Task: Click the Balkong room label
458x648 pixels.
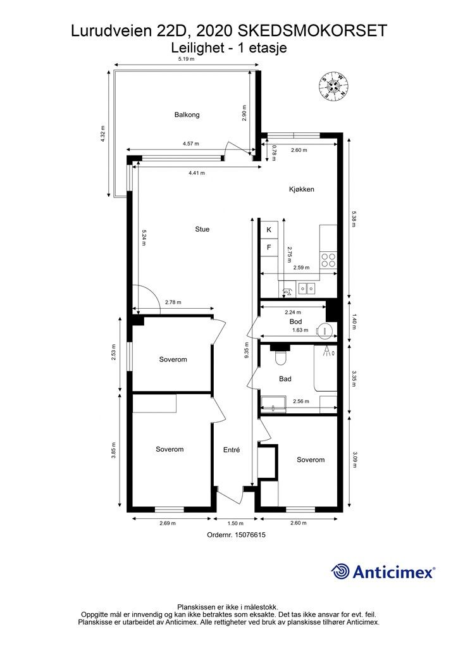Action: pos(187,115)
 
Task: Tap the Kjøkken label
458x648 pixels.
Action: pos(302,189)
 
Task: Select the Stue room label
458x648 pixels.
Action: pos(202,229)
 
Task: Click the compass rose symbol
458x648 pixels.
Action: pos(333,86)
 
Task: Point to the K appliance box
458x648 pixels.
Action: pos(269,230)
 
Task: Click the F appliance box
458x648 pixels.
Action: pos(269,247)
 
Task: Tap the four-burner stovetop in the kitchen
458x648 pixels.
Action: pos(329,260)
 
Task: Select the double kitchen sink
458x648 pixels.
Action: pos(307,288)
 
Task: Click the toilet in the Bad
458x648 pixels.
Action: pos(280,357)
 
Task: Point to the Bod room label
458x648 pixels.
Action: pos(295,321)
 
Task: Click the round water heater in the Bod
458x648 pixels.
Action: pos(325,330)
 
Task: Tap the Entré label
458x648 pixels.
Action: pos(232,450)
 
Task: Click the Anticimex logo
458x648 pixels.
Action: pos(383,572)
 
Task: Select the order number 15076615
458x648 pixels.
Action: pos(250,535)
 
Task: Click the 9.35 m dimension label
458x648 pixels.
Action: pos(246,351)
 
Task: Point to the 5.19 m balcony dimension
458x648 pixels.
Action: pos(186,59)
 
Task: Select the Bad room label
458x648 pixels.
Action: pos(285,378)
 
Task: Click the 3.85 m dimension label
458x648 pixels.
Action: pos(114,451)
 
